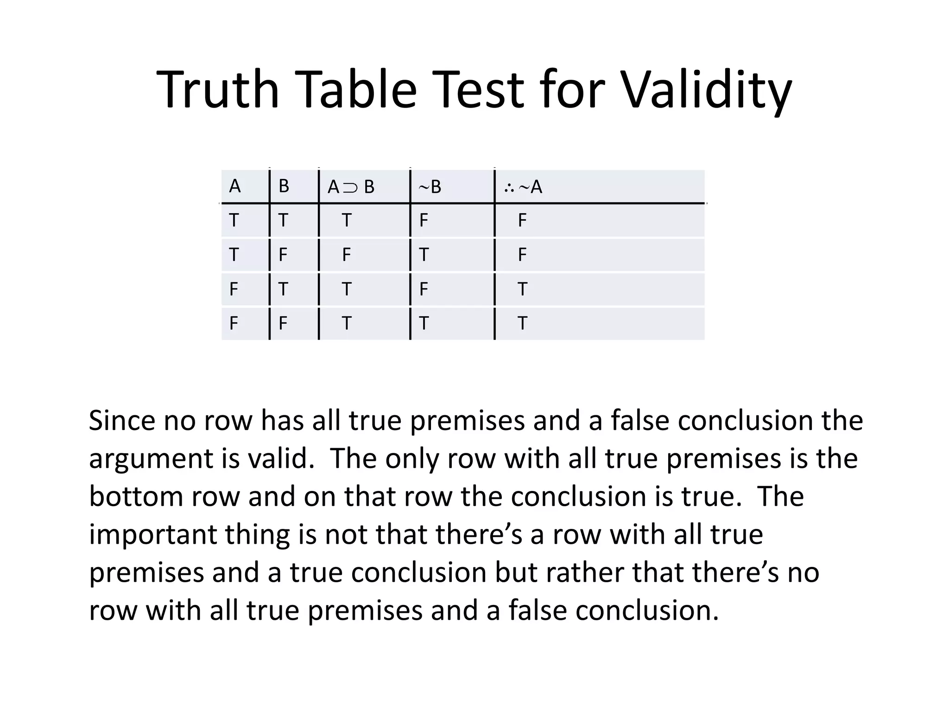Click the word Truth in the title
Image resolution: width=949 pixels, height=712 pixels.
pos(218,89)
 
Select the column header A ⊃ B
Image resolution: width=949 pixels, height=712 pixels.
pos(351,187)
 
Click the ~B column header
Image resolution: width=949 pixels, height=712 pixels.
pos(430,187)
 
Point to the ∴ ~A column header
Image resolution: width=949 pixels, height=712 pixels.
pos(523,187)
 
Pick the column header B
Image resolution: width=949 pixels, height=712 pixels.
pos(284,186)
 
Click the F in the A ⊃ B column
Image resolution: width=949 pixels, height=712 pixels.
pos(346,254)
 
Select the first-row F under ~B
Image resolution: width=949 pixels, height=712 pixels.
pos(424,220)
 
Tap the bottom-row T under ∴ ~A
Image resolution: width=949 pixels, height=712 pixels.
pos(522,323)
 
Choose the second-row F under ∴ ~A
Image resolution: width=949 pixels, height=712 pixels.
pos(522,254)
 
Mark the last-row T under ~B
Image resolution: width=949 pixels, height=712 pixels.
pos(424,323)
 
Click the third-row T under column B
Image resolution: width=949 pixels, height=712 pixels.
pos(283,289)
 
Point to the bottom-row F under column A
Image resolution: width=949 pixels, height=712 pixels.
pos(234,323)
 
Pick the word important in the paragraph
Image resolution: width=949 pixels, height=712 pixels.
pos(153,535)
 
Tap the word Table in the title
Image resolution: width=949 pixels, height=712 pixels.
pos(359,89)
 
